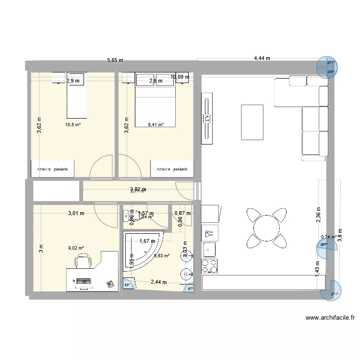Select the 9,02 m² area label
(x=76, y=248)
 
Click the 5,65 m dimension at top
(x=115, y=60)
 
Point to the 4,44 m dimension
(x=262, y=59)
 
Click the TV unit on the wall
(x=207, y=120)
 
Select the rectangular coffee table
(x=252, y=122)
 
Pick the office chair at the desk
(x=83, y=262)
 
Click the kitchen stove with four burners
(x=210, y=265)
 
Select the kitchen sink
(x=210, y=250)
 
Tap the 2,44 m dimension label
(x=158, y=282)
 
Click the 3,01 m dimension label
(x=76, y=213)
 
